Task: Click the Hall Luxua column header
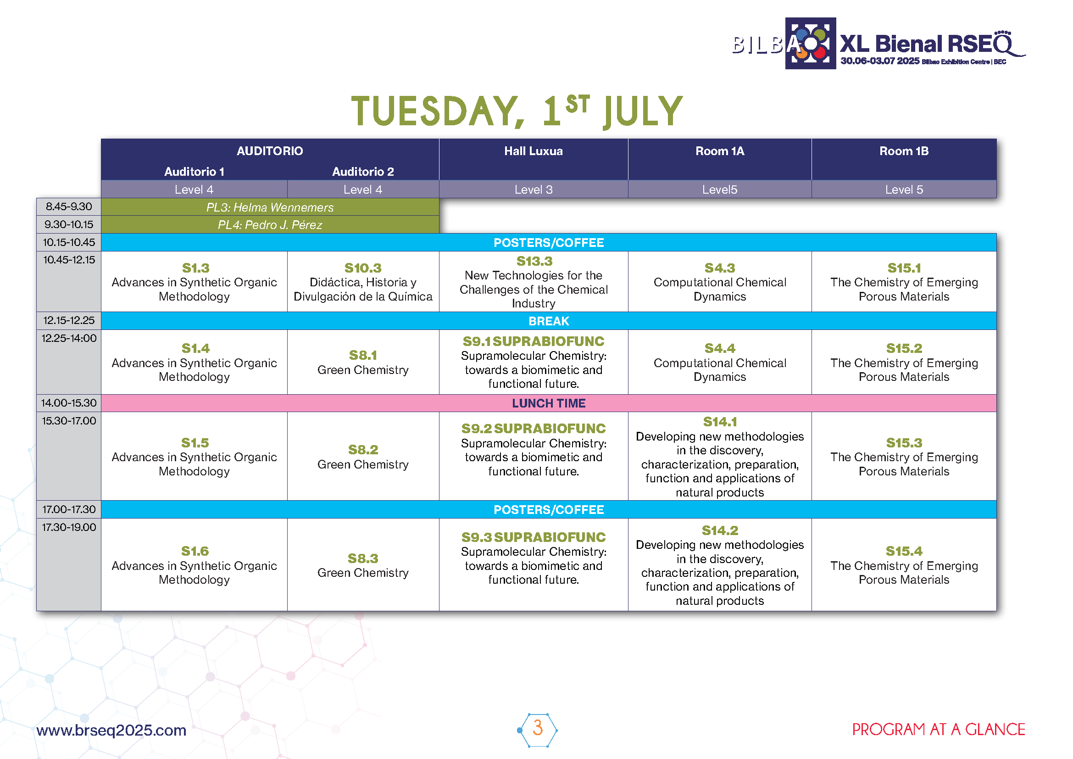[x=533, y=151]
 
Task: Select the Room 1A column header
[x=720, y=151]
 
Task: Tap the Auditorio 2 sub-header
[x=363, y=172]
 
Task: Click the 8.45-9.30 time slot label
[x=69, y=206]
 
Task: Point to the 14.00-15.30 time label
[x=69, y=403]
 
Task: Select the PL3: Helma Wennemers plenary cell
[x=270, y=207]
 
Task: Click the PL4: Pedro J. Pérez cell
[x=270, y=225]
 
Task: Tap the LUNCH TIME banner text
[x=549, y=403]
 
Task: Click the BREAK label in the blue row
[x=549, y=321]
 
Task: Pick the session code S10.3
[x=363, y=268]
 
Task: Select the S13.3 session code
[x=534, y=261]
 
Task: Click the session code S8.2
[x=363, y=450]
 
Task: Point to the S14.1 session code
[x=720, y=422]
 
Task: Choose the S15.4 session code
[x=904, y=551]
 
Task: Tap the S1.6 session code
[x=195, y=551]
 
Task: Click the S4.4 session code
[x=720, y=348]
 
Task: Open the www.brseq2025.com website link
[x=111, y=730]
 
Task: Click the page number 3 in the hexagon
[x=538, y=728]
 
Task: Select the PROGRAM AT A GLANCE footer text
[x=939, y=730]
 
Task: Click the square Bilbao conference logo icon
[x=810, y=44]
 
